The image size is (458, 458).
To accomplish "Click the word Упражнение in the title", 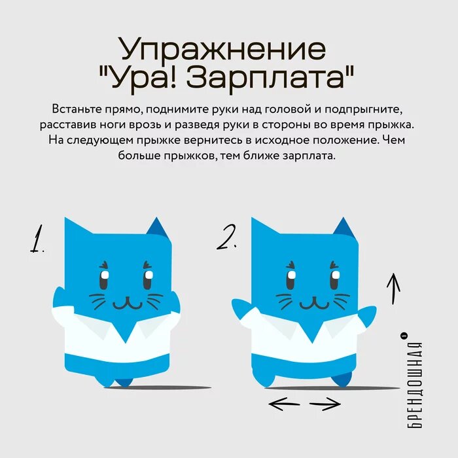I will coord(222,50).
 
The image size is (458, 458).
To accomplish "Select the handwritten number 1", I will coord(36,239).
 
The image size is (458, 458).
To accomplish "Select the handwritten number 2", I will coord(226,239).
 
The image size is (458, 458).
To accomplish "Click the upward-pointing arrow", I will coord(393,288).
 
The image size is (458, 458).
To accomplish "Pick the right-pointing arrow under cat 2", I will coord(325,406).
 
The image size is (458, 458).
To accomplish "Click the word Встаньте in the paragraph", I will coord(74,108).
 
